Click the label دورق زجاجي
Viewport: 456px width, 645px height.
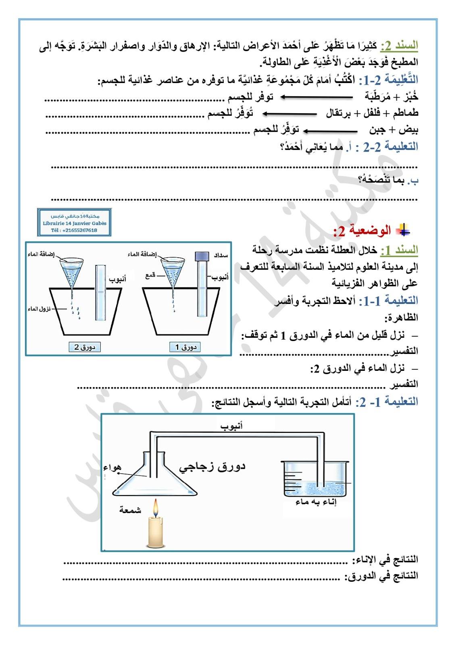[x=212, y=466]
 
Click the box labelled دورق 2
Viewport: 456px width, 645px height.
[x=84, y=347]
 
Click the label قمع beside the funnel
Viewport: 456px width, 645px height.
[x=151, y=276]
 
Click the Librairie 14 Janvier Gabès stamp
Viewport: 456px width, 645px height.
[x=74, y=223]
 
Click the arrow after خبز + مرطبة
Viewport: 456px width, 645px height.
[x=316, y=97]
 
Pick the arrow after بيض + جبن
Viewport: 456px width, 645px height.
[x=330, y=131]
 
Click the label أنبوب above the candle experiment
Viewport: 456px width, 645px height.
[x=231, y=426]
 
